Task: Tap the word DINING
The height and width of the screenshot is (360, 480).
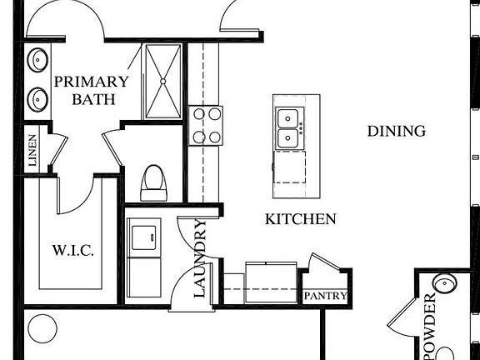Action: click(397, 131)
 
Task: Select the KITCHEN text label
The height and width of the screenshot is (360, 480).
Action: click(300, 219)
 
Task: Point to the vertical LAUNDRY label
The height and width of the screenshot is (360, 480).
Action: click(200, 258)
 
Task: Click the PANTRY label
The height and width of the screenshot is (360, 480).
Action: click(325, 296)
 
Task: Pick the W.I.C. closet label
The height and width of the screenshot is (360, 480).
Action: click(73, 250)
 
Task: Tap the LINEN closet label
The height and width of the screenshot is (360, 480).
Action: click(32, 150)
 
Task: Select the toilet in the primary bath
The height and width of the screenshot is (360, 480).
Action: click(153, 183)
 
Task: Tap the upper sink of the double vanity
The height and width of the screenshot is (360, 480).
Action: click(37, 60)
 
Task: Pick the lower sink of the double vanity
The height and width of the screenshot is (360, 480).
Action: click(37, 100)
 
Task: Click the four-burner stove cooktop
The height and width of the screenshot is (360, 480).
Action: click(205, 126)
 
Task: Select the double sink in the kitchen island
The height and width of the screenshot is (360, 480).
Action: click(287, 127)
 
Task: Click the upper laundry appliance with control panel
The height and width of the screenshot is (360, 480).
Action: click(143, 237)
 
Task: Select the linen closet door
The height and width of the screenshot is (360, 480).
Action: click(57, 150)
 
